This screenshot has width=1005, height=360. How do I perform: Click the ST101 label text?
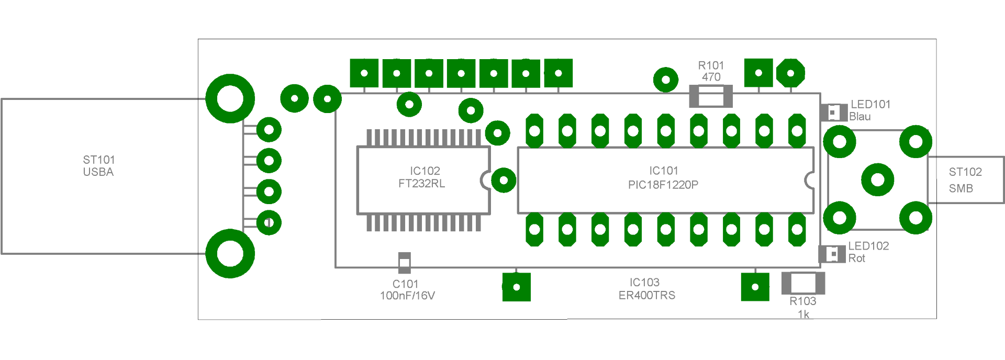[x=99, y=160]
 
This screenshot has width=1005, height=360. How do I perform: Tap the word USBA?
[x=98, y=172]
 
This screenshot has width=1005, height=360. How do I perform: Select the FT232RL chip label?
[x=421, y=184]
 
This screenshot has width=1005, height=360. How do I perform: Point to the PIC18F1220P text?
[x=663, y=185]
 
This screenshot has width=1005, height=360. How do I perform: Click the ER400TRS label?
[x=647, y=296]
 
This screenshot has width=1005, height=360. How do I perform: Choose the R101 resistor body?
[x=710, y=97]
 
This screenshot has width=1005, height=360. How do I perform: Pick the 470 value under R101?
[x=711, y=77]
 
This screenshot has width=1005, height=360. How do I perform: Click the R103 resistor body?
[x=803, y=283]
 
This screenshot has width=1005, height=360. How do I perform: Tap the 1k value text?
[x=803, y=314]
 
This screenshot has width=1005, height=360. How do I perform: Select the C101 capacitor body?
[x=405, y=263]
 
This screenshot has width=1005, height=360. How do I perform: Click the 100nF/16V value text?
[x=407, y=296]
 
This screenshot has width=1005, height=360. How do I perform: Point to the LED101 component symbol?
[x=834, y=113]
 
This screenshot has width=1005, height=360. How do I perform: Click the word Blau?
[x=860, y=117]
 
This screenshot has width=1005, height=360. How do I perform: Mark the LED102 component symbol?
[x=832, y=254]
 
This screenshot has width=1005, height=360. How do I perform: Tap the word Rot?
[x=857, y=258]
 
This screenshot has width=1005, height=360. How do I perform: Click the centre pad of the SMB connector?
[x=878, y=180]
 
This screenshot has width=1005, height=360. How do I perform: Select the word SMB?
[x=961, y=188]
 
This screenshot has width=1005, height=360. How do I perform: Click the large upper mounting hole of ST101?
[x=230, y=98]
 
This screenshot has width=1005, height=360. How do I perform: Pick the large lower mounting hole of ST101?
[x=230, y=254]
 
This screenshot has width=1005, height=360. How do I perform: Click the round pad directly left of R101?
[x=666, y=80]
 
